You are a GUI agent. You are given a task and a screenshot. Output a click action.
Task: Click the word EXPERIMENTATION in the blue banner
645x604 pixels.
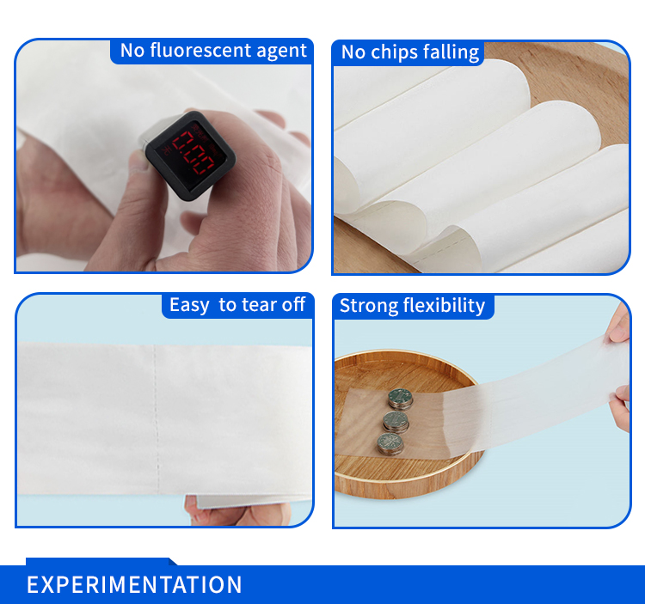pos(134,585)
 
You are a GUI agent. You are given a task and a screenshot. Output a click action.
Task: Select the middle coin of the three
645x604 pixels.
pos(396,421)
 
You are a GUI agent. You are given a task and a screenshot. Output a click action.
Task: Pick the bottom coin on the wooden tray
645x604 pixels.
pos(390,443)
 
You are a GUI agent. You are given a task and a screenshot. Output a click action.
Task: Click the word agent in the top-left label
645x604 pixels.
pos(282,51)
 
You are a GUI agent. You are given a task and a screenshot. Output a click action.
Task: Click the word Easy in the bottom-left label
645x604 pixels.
pos(189,305)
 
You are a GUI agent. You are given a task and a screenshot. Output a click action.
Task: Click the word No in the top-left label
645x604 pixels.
pos(132,50)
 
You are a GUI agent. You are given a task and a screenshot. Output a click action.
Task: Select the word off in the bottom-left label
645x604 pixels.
pos(294,305)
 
